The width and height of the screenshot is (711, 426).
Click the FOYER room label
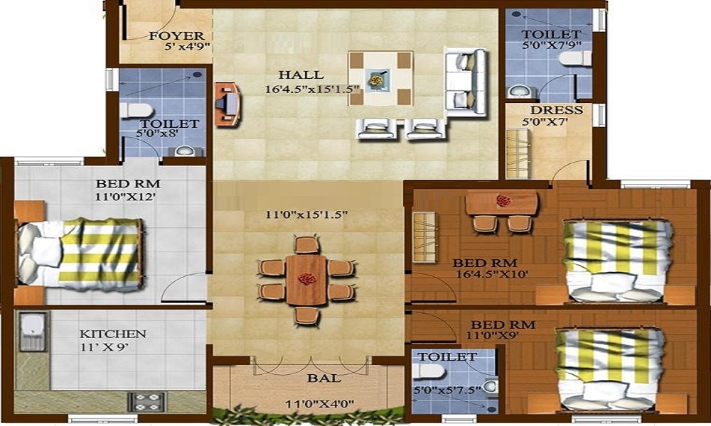[x=177, y=35]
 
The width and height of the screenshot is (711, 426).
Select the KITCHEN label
[x=113, y=334]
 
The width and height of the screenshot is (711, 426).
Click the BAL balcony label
[x=324, y=378]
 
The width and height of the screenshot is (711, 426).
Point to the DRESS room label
[x=557, y=110]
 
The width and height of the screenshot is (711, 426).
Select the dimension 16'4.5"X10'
[x=493, y=274]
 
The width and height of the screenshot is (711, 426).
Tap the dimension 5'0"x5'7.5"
[x=447, y=390]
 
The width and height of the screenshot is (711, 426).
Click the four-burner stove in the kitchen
[x=146, y=402]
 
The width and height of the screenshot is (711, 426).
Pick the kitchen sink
[x=33, y=332]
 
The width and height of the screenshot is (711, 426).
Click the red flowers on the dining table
[x=307, y=278]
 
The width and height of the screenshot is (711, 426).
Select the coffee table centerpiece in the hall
[x=377, y=80]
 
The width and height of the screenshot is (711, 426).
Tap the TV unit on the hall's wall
[x=228, y=104]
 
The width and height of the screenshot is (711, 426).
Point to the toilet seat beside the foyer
[x=135, y=110]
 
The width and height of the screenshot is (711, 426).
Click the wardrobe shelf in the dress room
[x=518, y=153]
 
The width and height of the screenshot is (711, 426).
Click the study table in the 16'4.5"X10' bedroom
[x=502, y=203]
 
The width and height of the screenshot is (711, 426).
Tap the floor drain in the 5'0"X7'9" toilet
[x=516, y=14]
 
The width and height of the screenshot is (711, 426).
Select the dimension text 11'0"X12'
[x=126, y=197]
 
